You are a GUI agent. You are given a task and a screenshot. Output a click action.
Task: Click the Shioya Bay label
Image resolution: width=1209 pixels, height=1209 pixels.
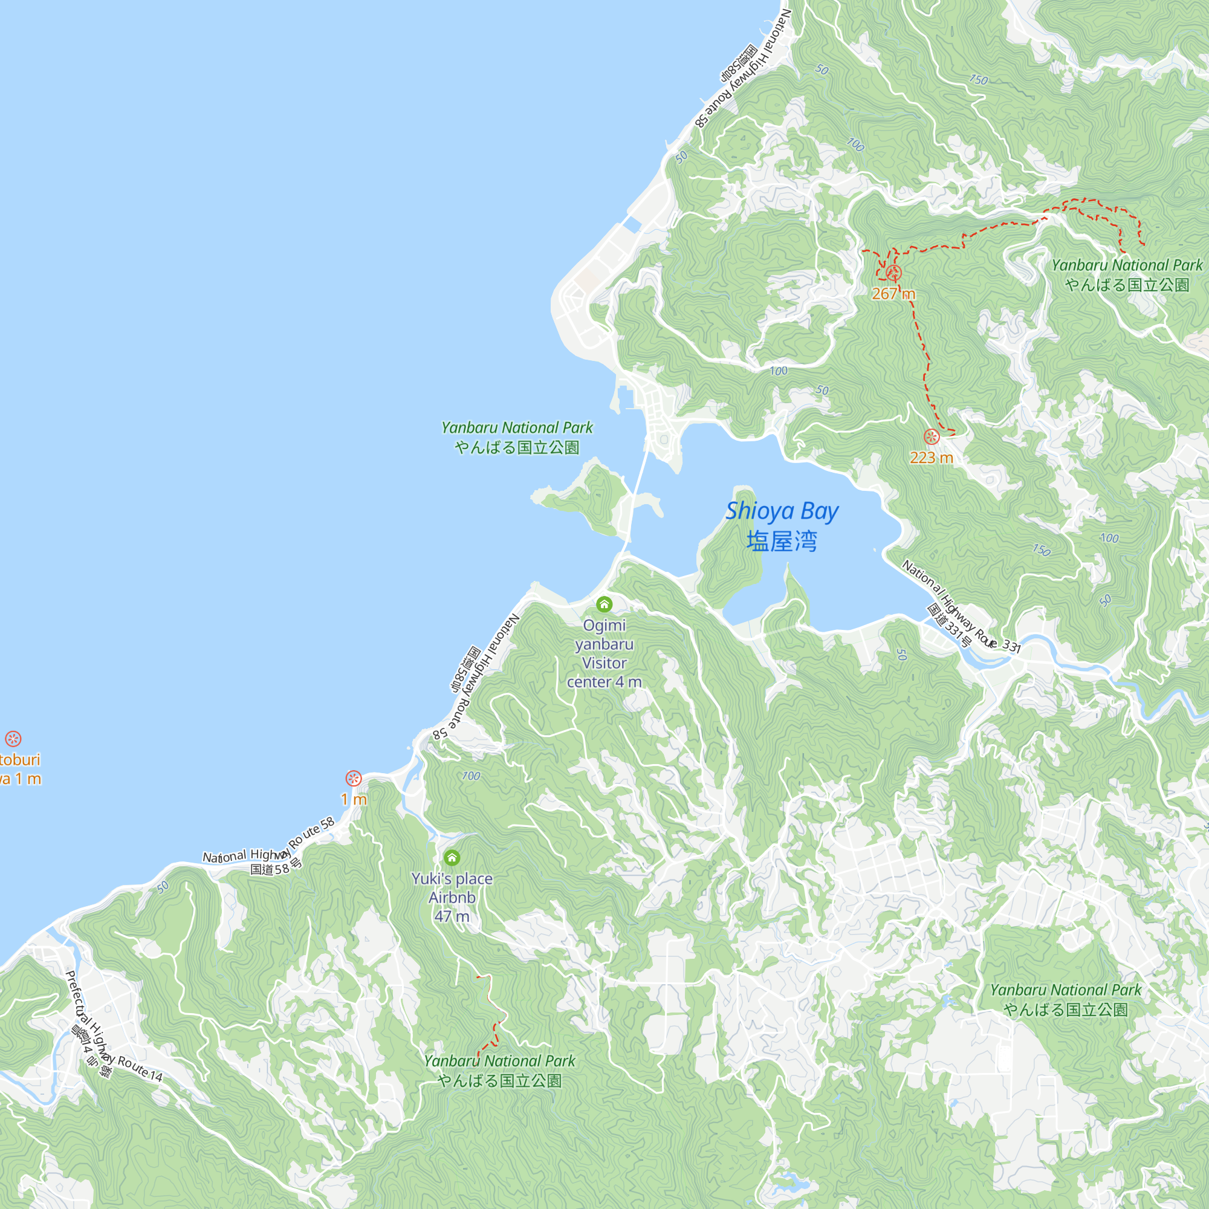[x=782, y=512]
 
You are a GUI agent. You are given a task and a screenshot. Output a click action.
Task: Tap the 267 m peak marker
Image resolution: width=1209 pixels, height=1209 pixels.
[x=893, y=273]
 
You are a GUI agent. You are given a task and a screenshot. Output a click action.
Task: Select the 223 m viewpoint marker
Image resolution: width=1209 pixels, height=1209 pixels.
[x=932, y=436]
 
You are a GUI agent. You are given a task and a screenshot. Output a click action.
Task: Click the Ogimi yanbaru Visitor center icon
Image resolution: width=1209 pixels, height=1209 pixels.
[x=604, y=604]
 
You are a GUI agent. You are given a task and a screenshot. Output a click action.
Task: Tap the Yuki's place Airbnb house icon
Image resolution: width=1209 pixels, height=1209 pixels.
[x=452, y=857]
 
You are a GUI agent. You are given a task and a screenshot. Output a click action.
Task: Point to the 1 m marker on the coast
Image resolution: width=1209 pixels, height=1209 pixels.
[x=354, y=779]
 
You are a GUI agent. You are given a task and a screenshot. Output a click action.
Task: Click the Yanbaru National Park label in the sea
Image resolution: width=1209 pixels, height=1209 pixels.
[x=517, y=428]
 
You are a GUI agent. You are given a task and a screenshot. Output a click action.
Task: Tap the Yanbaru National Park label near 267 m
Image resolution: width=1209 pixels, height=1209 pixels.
[x=1126, y=266]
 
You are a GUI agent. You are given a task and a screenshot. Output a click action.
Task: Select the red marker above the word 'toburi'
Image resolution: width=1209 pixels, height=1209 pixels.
[x=13, y=739]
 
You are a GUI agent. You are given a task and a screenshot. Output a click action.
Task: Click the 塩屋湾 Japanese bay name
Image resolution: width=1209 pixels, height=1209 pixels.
[x=782, y=541]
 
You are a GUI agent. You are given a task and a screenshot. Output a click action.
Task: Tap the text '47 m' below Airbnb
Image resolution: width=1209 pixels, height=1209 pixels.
[x=452, y=916]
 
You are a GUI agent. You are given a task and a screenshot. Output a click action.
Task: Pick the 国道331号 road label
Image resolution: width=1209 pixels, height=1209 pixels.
[x=949, y=626]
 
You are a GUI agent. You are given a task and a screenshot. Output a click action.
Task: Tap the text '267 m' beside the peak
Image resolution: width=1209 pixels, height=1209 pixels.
[x=893, y=294]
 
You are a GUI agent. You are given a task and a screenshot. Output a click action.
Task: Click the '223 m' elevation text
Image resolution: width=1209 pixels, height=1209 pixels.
[x=931, y=458]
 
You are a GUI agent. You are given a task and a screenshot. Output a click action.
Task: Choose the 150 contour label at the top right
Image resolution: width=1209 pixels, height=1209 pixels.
[x=978, y=80]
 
